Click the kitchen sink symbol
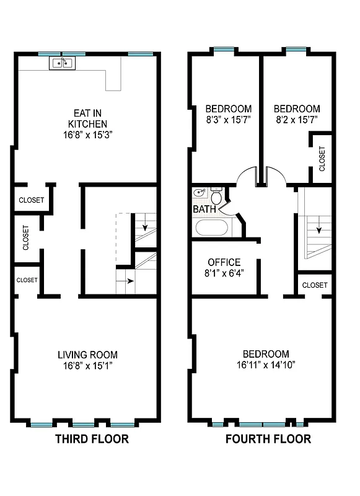pos(62,62)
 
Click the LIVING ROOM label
pos(87,355)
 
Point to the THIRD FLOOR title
pos(92,440)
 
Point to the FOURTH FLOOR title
pos(267,440)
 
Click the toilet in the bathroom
pos(216,197)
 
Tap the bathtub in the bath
pos(211,228)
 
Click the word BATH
pos(204,210)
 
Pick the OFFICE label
pos(224,262)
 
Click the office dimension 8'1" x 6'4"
pos(224,273)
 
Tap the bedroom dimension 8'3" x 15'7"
pos(229,119)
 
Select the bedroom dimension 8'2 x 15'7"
pos(297,119)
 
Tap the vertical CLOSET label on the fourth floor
pos(322,159)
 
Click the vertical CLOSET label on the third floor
pos(26,237)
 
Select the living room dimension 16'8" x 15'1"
pos(87,366)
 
